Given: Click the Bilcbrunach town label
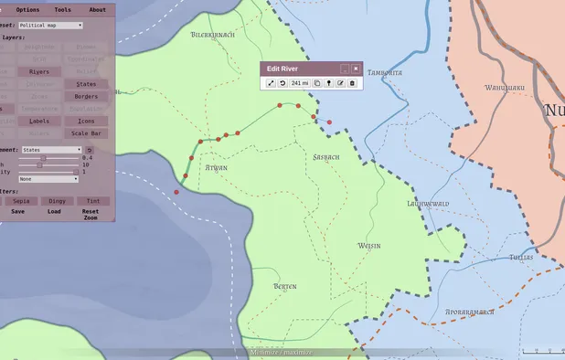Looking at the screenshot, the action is pyautogui.click(x=213, y=35).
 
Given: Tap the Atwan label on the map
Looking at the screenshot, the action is pyautogui.click(x=217, y=168).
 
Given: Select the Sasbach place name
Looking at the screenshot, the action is pyautogui.click(x=326, y=157).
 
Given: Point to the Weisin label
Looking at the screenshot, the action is pyautogui.click(x=369, y=246).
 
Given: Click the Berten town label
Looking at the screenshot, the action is pyautogui.click(x=285, y=287).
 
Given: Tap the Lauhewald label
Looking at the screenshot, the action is pyautogui.click(x=428, y=203).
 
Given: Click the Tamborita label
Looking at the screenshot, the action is pyautogui.click(x=385, y=72).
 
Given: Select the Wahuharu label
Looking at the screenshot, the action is pyautogui.click(x=503, y=89).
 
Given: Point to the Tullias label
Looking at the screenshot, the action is pyautogui.click(x=521, y=259).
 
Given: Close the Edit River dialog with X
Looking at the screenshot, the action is pyautogui.click(x=356, y=69).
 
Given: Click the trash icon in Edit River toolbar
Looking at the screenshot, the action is pyautogui.click(x=352, y=83).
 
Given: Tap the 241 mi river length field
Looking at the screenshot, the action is pyautogui.click(x=300, y=83).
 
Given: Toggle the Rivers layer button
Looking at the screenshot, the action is pyautogui.click(x=39, y=70).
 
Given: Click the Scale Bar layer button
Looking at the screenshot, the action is pyautogui.click(x=86, y=133).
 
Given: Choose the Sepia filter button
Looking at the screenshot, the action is pyautogui.click(x=20, y=200).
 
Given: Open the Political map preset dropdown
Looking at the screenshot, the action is pyautogui.click(x=50, y=26).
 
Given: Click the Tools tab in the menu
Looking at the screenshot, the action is pyautogui.click(x=62, y=9).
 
